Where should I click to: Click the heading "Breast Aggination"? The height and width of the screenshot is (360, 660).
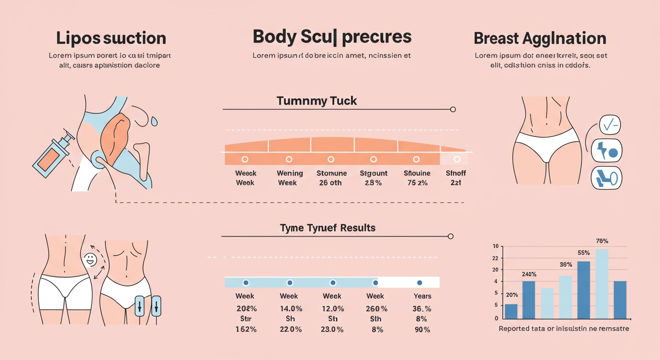tap(540, 38)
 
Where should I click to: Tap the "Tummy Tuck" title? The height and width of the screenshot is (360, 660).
tap(317, 101)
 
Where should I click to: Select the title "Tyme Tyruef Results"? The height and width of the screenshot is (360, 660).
tap(328, 228)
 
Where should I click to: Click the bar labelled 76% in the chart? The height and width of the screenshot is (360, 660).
tap(602, 284)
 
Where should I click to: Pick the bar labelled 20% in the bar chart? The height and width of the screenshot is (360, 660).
tap(511, 311)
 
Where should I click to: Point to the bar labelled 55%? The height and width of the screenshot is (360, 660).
tap(584, 290)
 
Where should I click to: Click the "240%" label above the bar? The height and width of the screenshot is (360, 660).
tap(529, 274)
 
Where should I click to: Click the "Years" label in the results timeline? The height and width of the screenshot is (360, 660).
tap(422, 296)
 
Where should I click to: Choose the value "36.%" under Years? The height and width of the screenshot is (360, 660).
tap(421, 309)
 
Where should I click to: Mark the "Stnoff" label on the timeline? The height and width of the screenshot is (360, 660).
tap(456, 173)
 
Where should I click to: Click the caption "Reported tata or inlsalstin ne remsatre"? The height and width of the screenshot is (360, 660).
tap(564, 329)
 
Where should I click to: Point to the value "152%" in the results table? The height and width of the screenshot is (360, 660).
tap(246, 330)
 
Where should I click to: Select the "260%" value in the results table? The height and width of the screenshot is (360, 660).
tap(376, 309)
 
